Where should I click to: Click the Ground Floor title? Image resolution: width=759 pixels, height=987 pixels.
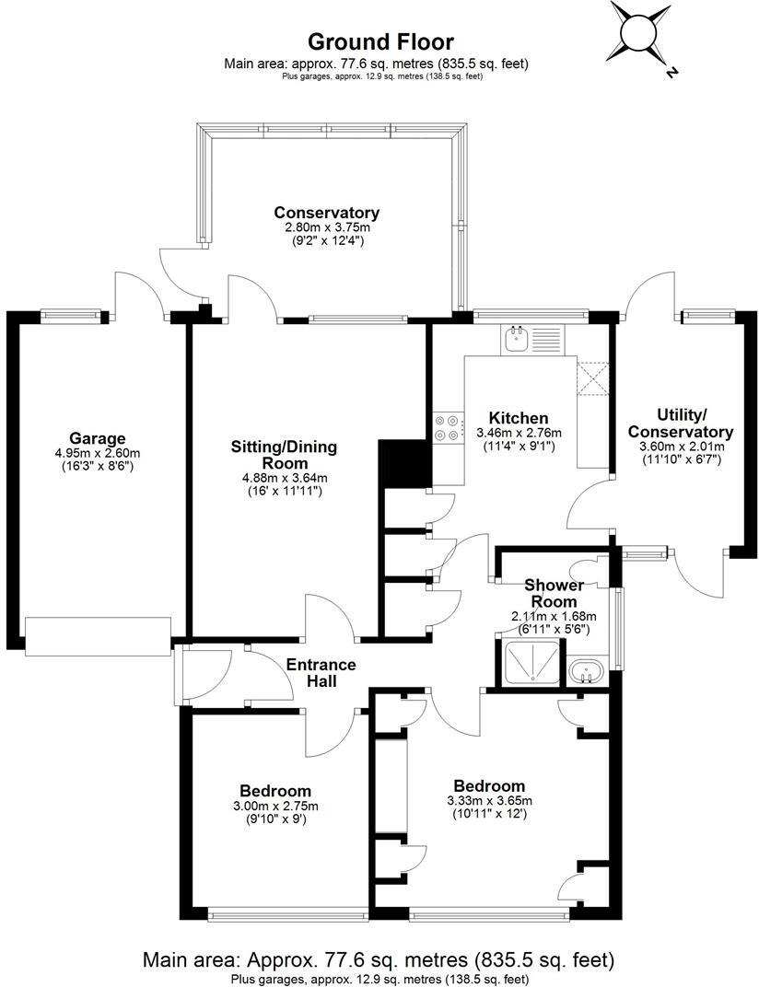tap(379, 41)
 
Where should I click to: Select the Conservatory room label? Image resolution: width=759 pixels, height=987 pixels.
tap(326, 213)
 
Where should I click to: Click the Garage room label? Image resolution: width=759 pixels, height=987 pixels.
tap(97, 437)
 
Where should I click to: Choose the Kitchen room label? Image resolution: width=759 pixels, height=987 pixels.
tap(519, 418)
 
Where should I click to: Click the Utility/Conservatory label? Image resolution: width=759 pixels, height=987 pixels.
tap(681, 424)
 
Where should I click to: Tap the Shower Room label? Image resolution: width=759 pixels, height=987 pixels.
tap(554, 593)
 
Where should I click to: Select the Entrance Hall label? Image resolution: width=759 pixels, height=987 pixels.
tap(321, 673)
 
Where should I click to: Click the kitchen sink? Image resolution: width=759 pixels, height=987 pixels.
tap(515, 341)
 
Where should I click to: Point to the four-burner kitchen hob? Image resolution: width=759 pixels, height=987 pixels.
tap(448, 427)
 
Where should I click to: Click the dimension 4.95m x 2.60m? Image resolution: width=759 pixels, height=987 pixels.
tap(97, 453)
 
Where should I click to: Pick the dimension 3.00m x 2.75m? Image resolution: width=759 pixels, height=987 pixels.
tap(274, 806)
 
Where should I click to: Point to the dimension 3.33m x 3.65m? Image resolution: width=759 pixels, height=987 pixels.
tap(489, 800)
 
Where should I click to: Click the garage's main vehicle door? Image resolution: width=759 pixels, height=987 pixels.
tap(99, 636)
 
